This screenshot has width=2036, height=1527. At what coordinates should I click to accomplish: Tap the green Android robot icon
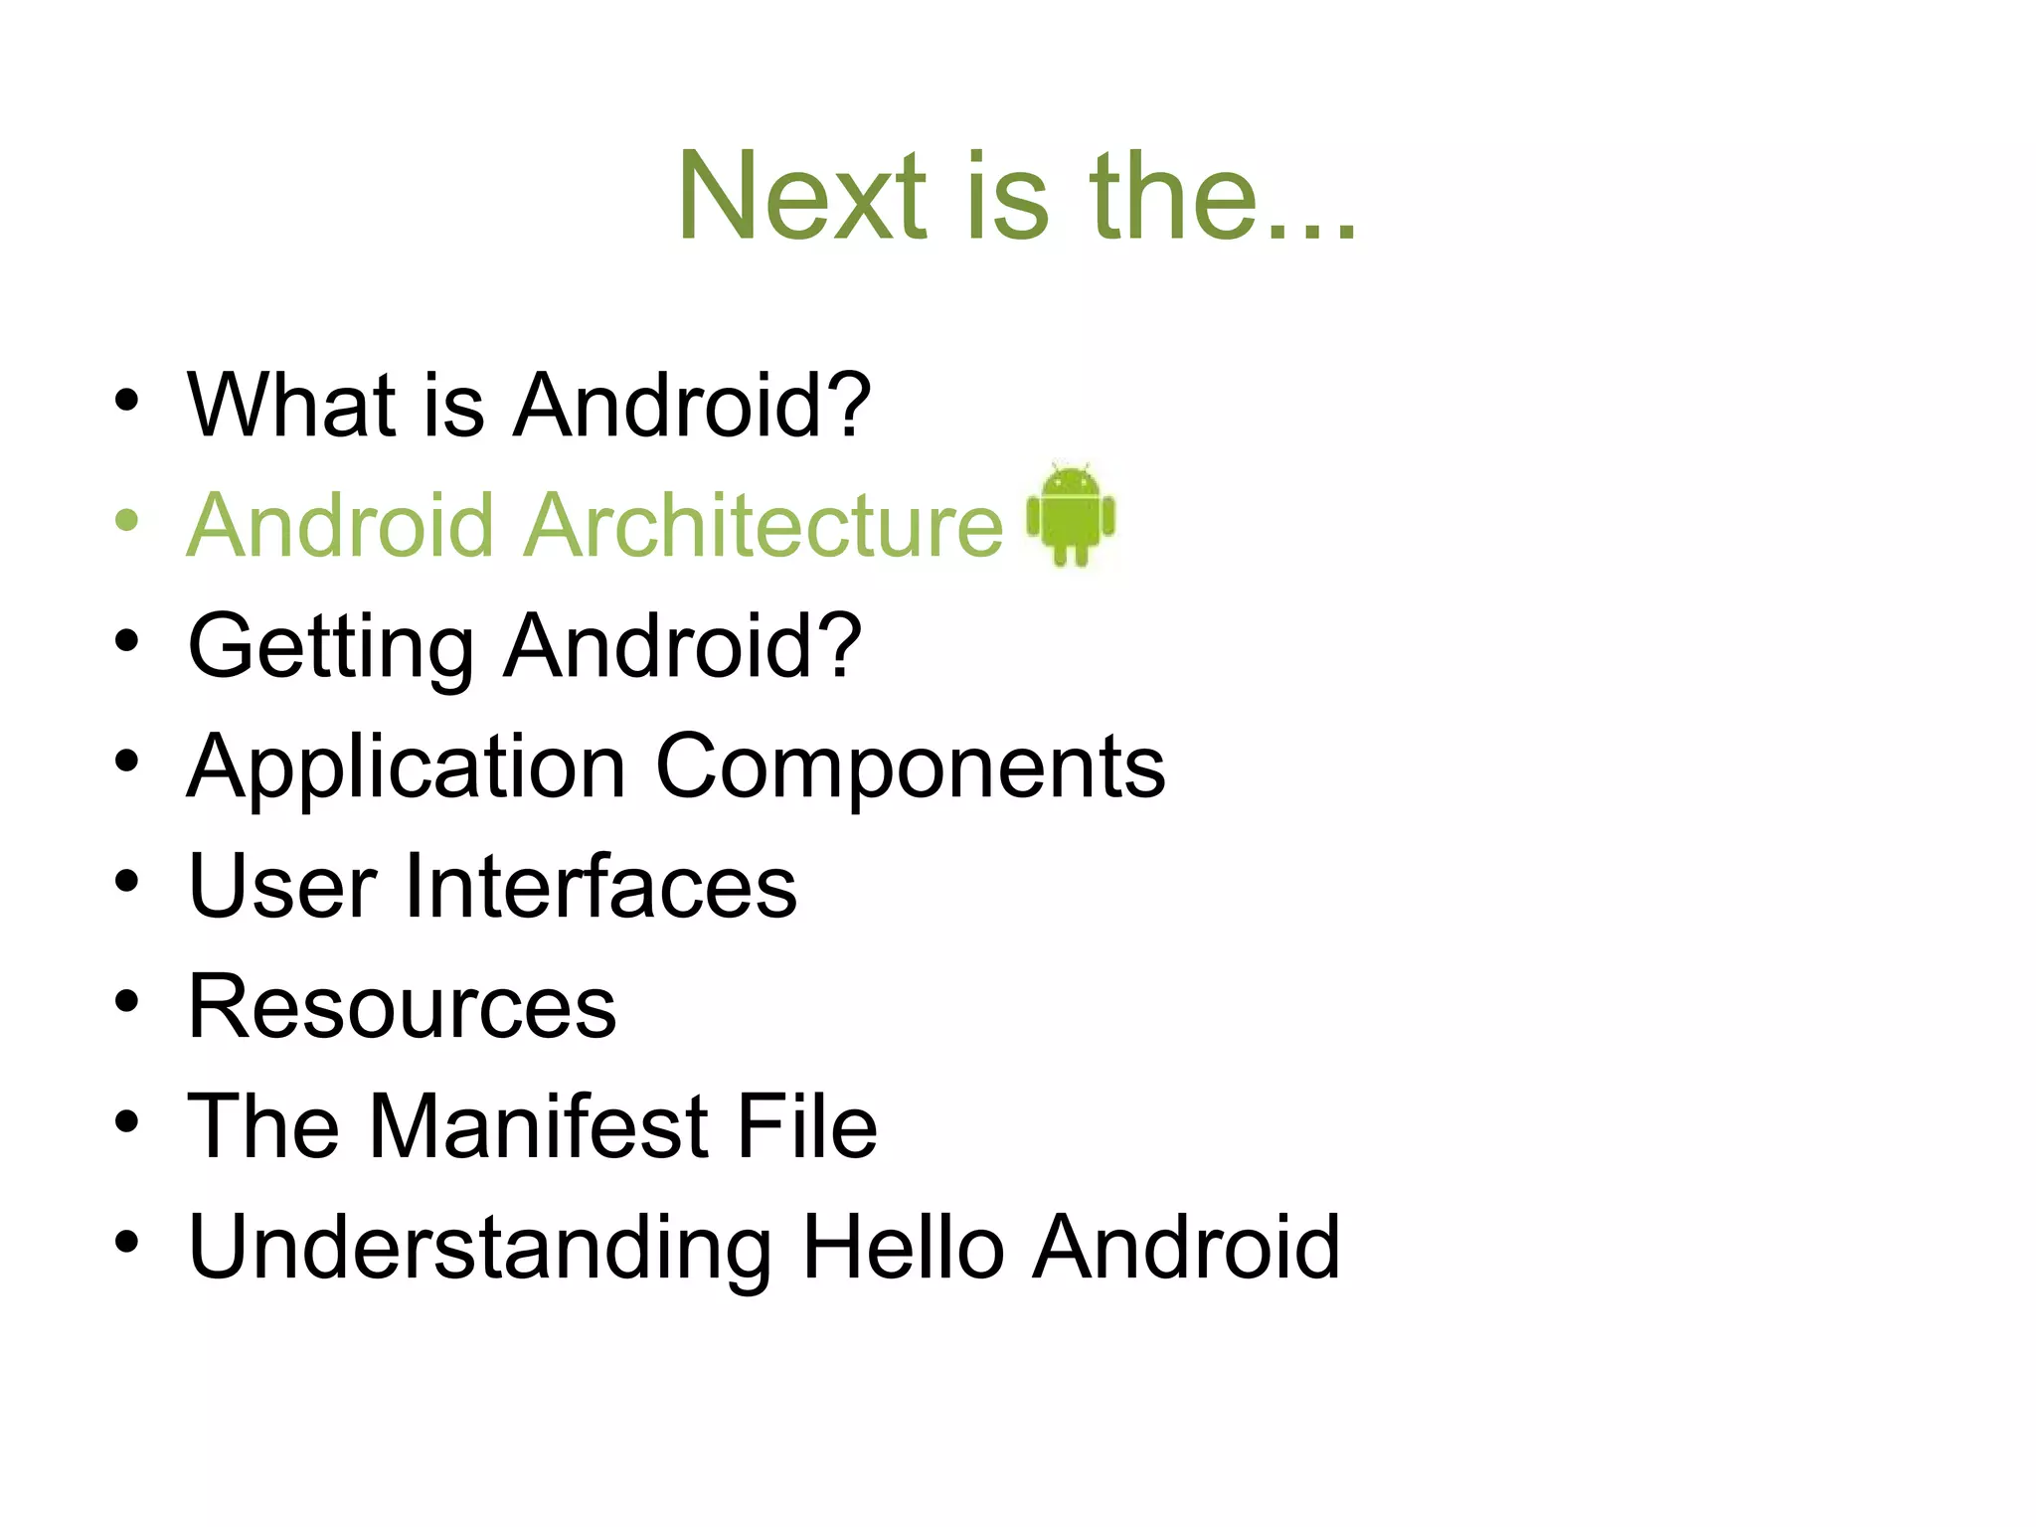pos(1071,515)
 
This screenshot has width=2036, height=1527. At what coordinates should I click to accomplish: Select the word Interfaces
pos(600,886)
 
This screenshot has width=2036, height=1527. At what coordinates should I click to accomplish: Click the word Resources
pos(402,1006)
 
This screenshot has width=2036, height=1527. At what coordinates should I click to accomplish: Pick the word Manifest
pos(539,1126)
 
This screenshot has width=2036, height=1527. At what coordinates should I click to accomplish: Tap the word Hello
pos(903,1247)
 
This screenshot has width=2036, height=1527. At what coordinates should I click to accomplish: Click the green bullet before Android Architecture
pos(126,520)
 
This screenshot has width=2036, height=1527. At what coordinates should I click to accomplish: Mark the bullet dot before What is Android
pos(126,400)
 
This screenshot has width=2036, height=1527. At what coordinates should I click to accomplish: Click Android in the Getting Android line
pos(682,646)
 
